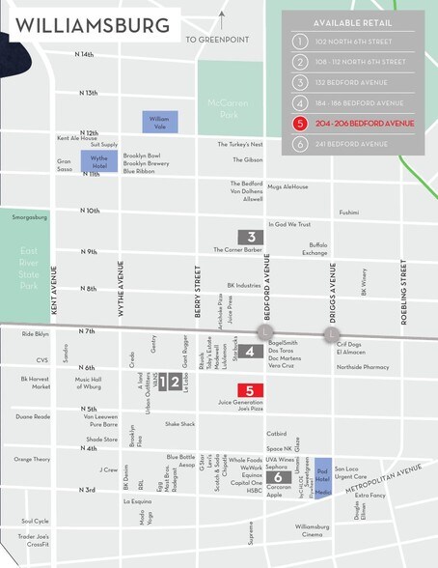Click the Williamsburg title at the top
click(x=92, y=25)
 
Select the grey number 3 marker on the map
click(x=251, y=237)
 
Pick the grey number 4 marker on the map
click(x=250, y=352)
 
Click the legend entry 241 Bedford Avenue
click(x=352, y=144)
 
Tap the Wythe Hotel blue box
click(x=97, y=160)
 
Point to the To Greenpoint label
click(x=218, y=40)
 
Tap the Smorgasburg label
click(x=29, y=217)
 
